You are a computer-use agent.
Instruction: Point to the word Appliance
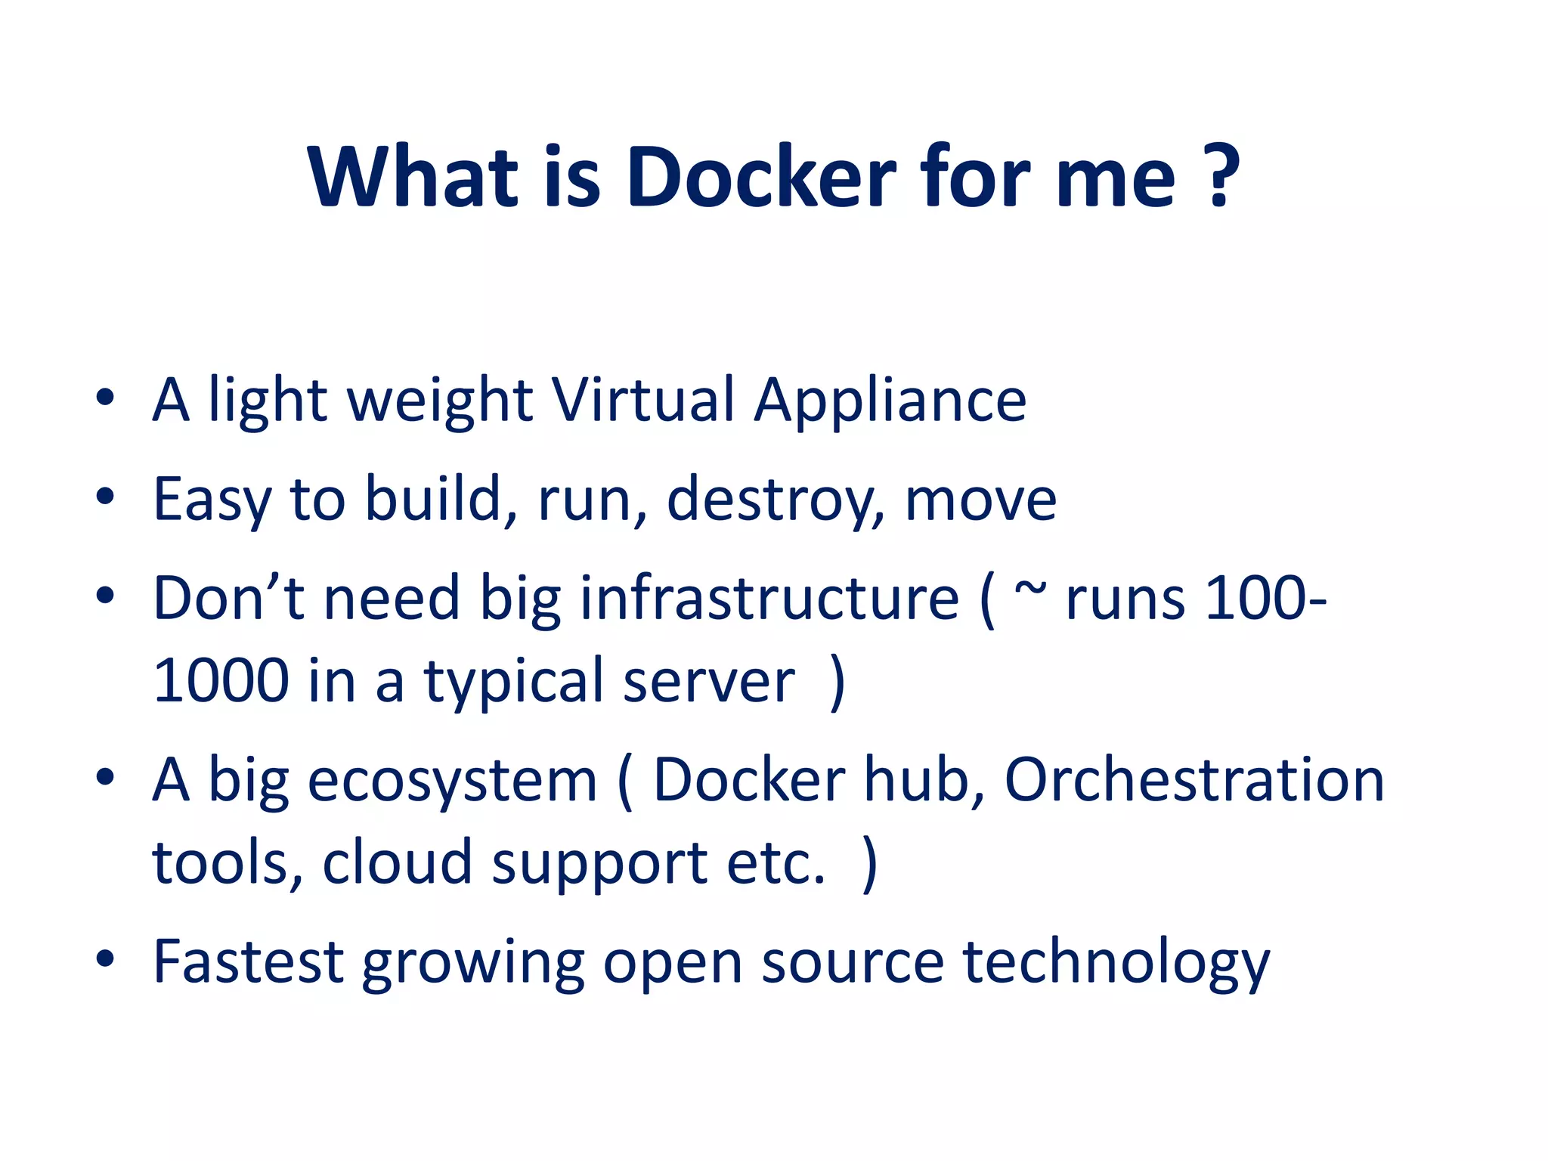890,401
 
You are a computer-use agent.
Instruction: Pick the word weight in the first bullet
439,401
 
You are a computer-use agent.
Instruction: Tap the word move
980,500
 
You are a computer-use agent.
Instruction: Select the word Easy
212,500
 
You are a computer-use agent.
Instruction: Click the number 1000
221,680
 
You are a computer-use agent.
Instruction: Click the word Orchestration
1194,780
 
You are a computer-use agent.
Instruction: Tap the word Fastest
248,961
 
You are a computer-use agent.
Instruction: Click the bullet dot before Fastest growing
105,958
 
